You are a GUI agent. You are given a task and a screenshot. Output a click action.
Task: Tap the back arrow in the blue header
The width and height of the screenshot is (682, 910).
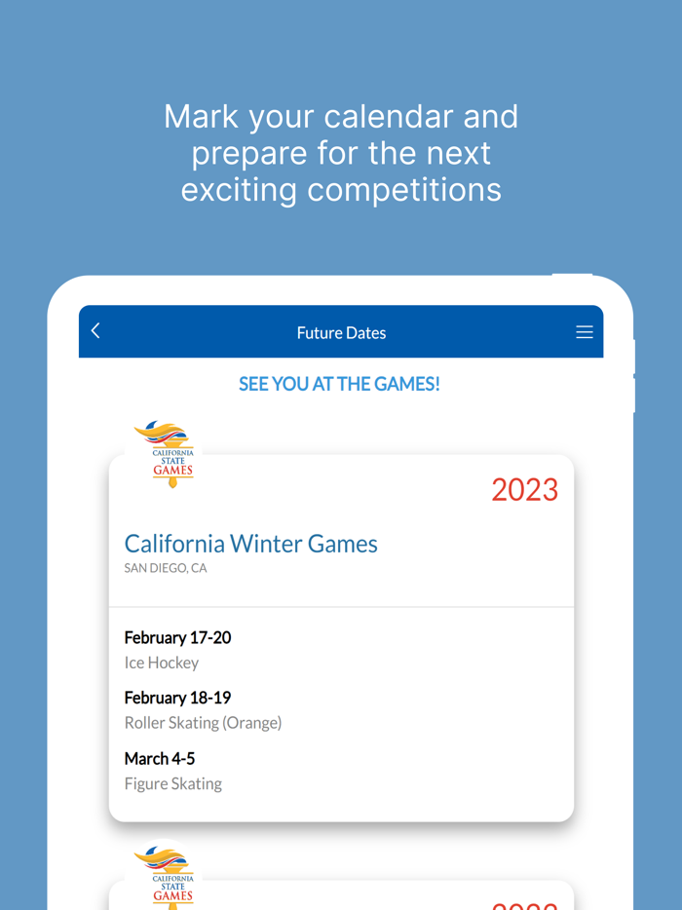(95, 331)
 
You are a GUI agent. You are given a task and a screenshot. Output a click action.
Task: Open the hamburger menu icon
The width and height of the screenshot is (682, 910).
(585, 332)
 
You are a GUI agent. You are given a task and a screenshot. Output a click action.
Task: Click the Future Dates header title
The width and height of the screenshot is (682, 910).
(341, 333)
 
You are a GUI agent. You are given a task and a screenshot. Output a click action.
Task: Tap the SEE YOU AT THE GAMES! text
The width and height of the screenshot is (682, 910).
(339, 384)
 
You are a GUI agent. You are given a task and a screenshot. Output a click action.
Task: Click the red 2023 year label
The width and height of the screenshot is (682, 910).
(524, 489)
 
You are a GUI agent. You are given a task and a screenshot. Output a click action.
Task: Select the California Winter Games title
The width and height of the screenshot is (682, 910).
(250, 544)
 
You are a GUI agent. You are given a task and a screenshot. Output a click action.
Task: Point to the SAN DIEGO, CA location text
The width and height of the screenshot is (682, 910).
(166, 568)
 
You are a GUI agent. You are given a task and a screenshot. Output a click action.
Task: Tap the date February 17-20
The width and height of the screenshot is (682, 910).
(177, 638)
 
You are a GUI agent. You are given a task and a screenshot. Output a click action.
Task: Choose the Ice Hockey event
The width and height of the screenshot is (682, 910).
(162, 663)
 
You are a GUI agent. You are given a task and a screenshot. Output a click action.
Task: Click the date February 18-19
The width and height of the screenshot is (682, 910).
(177, 698)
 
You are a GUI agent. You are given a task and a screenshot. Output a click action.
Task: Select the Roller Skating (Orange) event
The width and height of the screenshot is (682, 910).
(203, 723)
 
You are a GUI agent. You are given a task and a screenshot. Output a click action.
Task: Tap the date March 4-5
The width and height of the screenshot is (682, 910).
(160, 758)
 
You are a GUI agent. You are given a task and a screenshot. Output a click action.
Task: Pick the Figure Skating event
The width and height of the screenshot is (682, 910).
(173, 783)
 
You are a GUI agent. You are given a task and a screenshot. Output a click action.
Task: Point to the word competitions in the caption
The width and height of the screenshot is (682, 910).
(404, 189)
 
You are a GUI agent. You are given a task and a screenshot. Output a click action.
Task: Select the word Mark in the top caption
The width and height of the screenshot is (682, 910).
(201, 117)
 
